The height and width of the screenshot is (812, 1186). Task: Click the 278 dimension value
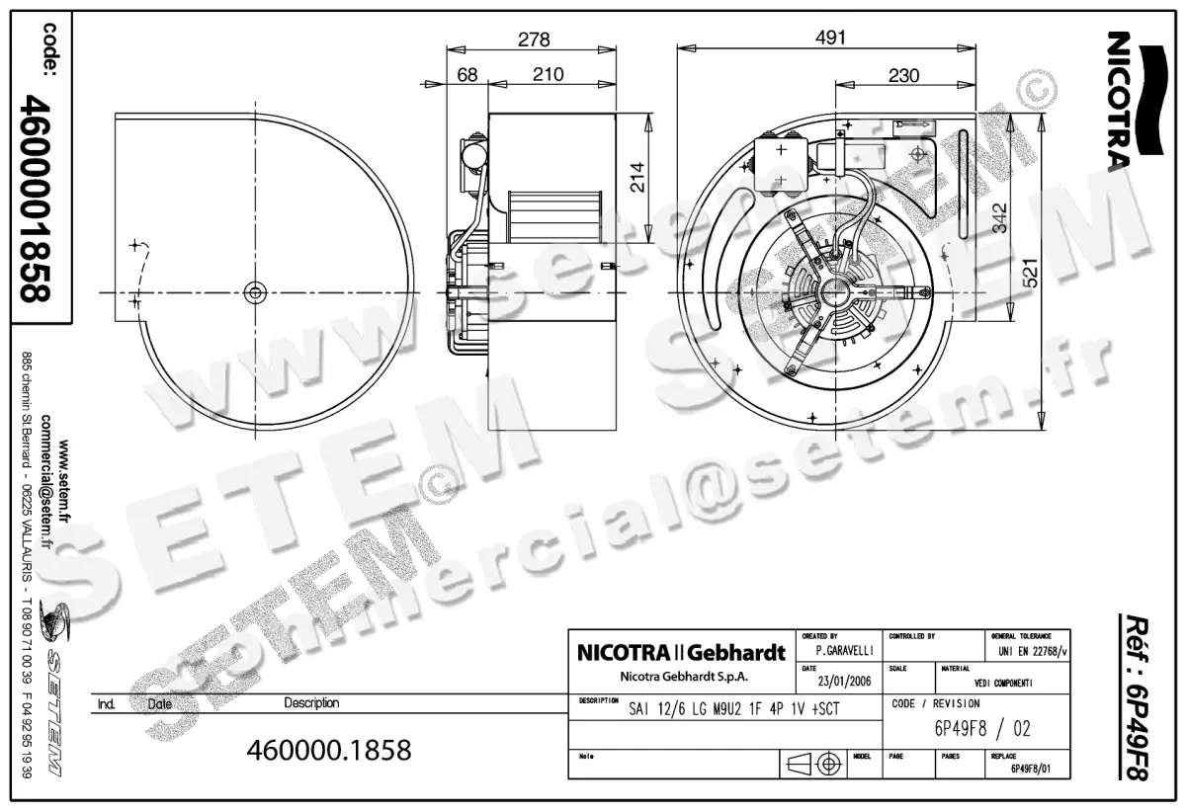pos(534,39)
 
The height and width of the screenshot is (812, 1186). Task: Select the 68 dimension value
pos(466,75)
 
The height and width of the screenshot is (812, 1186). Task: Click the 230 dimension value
pos(902,75)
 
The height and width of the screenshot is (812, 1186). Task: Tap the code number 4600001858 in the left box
pos(40,198)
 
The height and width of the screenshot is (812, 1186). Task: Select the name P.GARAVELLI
pos(842,651)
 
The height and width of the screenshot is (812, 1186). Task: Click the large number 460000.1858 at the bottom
pos(329,750)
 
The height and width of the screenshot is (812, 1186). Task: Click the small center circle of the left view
pos(255,291)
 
